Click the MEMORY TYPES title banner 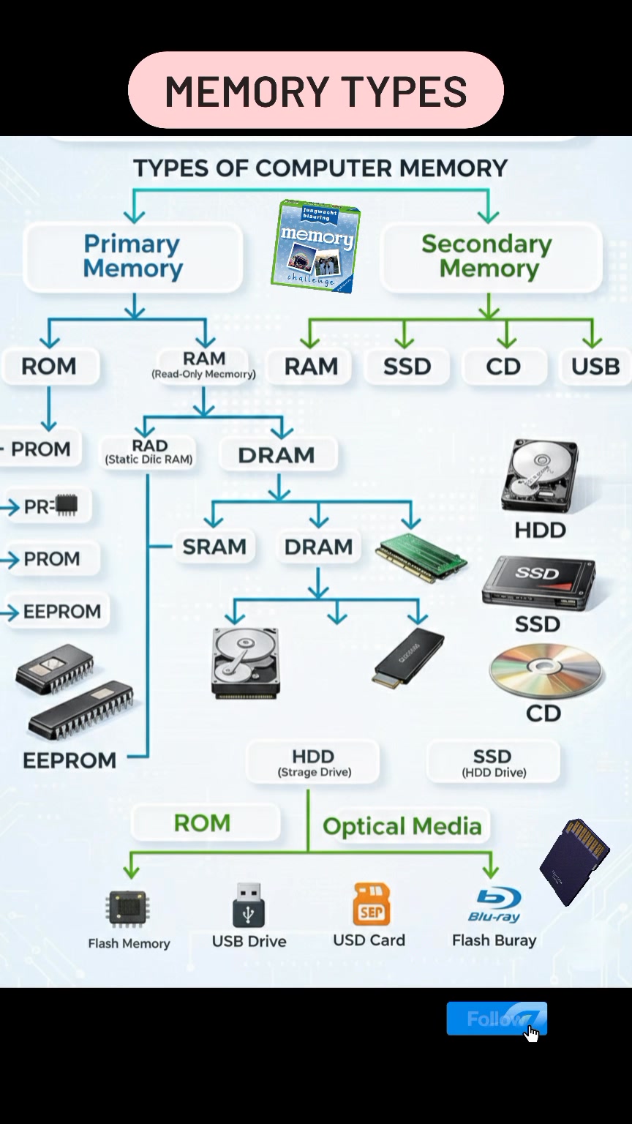pos(316,90)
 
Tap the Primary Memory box pos(133,256)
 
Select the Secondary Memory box pos(491,256)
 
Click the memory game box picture pos(316,246)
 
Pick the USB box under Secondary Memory pos(595,367)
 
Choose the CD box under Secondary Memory pos(503,367)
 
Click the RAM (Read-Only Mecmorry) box pos(203,365)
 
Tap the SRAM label pos(214,547)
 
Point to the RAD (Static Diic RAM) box pos(149,452)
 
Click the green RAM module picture pos(421,558)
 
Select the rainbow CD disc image pos(546,671)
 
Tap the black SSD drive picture pos(538,582)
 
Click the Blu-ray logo pos(494,904)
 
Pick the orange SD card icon pos(371,904)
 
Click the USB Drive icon pos(248,904)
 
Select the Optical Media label pos(402,826)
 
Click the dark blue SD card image pos(574,862)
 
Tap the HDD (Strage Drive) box pos(313,762)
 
